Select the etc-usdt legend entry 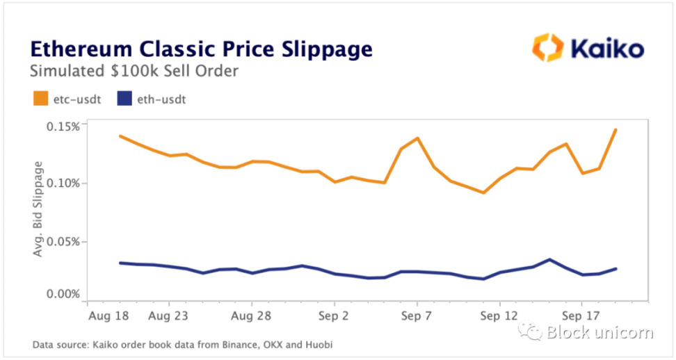coord(65,99)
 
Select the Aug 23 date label coord(170,315)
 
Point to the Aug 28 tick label coord(252,315)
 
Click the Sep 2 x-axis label coord(335,315)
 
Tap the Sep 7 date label coord(417,315)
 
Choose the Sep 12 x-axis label coord(499,315)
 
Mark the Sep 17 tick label coord(581,315)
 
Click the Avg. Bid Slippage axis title coord(38,208)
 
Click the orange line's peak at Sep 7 coord(417,138)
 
